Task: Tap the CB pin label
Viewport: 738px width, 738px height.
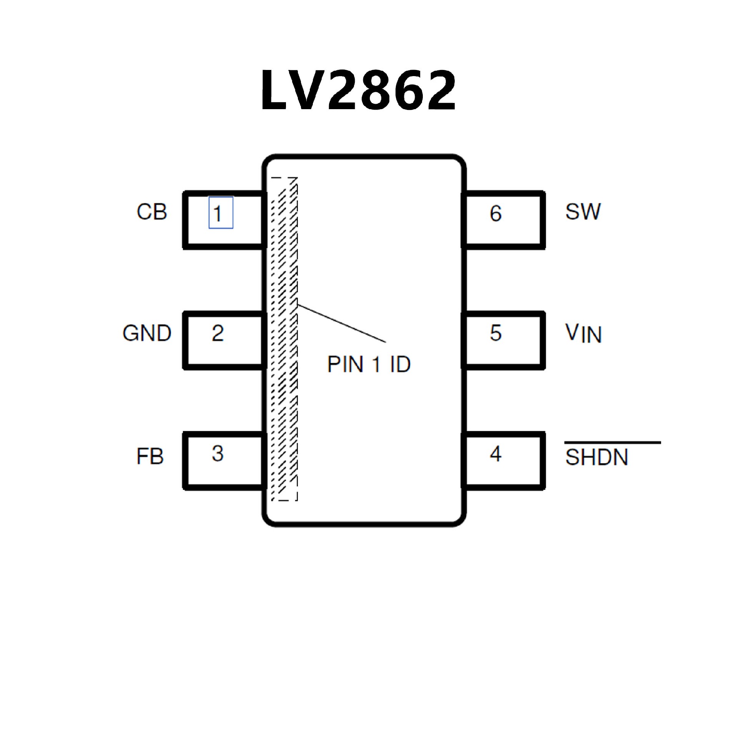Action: (x=152, y=212)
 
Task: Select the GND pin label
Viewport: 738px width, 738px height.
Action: (x=147, y=333)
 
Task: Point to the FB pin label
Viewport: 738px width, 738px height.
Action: (x=150, y=457)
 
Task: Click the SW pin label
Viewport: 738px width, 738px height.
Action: (x=583, y=212)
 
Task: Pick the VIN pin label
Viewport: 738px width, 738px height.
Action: (x=583, y=334)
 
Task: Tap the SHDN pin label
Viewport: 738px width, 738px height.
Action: (x=597, y=457)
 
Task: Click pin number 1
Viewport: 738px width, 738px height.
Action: (x=218, y=214)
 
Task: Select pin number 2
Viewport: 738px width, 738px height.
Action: (x=218, y=333)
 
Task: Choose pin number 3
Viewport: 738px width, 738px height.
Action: (x=218, y=454)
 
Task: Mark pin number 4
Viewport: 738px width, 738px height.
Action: (x=495, y=454)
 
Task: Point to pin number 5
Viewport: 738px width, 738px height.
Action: (x=495, y=333)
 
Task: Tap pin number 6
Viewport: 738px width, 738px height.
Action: (x=495, y=214)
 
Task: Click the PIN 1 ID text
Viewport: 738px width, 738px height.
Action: (x=369, y=364)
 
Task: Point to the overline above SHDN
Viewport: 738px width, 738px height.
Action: (x=612, y=443)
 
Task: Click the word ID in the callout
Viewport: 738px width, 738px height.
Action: (x=400, y=364)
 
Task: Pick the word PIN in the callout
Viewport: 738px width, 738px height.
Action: (x=345, y=364)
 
